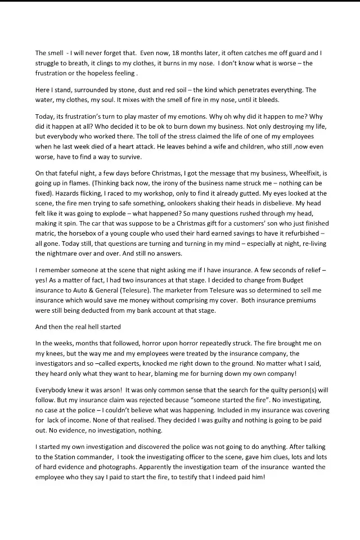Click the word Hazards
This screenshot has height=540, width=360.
(x=51, y=193)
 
